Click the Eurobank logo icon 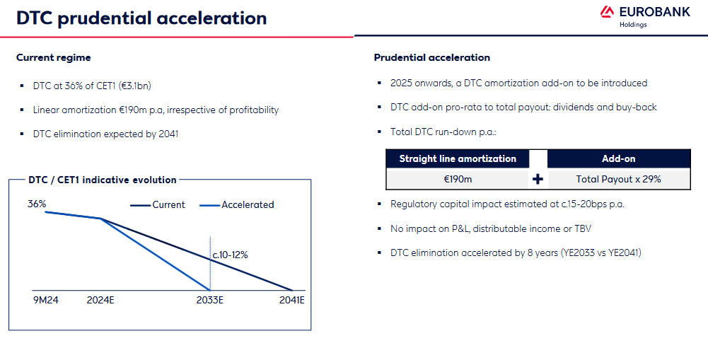(607, 12)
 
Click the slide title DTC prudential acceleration (141, 18)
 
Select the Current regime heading (53, 58)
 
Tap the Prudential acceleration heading (431, 58)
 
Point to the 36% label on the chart (37, 204)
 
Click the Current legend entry (158, 205)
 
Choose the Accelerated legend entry (237, 205)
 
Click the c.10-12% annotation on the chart (231, 255)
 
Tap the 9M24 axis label (45, 300)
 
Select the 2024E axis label (100, 300)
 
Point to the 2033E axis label (210, 300)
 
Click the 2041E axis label (292, 300)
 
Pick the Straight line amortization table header (458, 159)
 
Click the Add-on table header (619, 159)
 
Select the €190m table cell (458, 180)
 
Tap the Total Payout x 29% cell (619, 180)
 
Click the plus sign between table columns (538, 180)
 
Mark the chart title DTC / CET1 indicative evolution (102, 180)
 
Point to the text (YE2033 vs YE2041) (600, 253)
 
